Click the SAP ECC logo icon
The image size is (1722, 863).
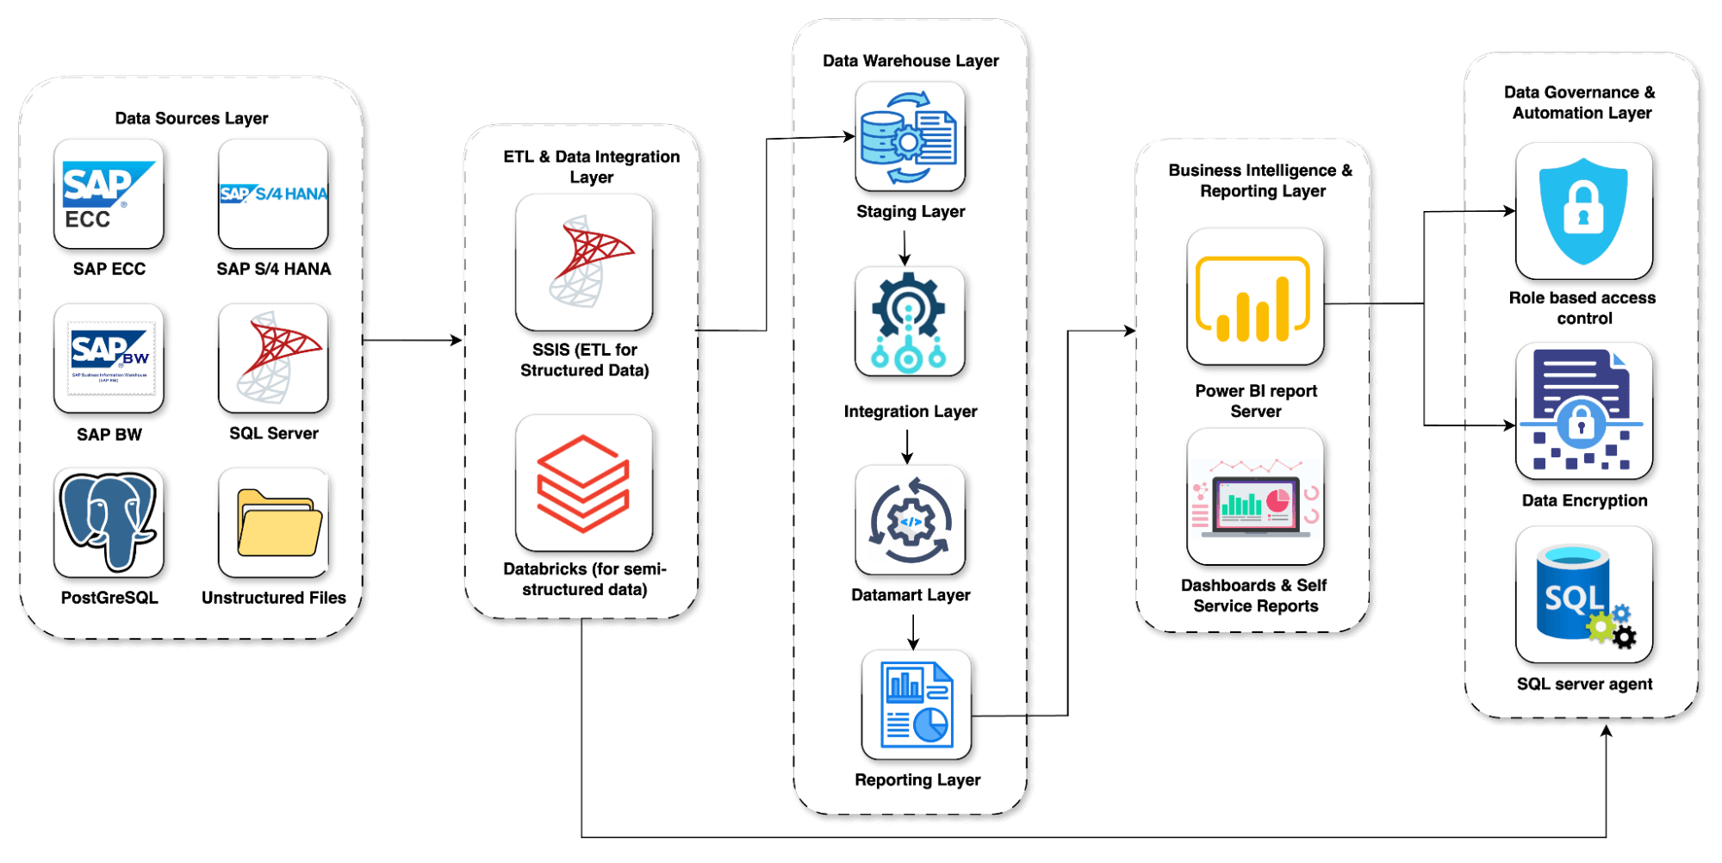(109, 195)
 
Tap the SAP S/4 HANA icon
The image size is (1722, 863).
(273, 195)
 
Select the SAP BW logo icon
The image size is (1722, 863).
(109, 358)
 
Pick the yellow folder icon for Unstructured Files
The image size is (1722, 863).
(277, 523)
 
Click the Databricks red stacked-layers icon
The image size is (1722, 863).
(584, 483)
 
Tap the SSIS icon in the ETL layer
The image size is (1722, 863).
(584, 262)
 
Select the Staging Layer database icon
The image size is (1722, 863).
(910, 137)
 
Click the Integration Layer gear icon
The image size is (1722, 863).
(910, 322)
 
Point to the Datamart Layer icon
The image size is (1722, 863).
(910, 520)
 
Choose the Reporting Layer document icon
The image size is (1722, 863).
(917, 705)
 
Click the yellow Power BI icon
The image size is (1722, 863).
(1255, 297)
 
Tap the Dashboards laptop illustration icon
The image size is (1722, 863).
(1255, 497)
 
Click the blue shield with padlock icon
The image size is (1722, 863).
(1583, 211)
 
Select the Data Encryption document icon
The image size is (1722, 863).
(1583, 412)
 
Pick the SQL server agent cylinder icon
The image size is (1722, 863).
(1583, 595)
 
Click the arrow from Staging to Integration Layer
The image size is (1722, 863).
(905, 248)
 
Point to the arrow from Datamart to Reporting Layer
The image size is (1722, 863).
(913, 632)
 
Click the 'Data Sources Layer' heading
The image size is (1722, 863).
(191, 118)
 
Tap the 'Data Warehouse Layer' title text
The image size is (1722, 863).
(911, 61)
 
